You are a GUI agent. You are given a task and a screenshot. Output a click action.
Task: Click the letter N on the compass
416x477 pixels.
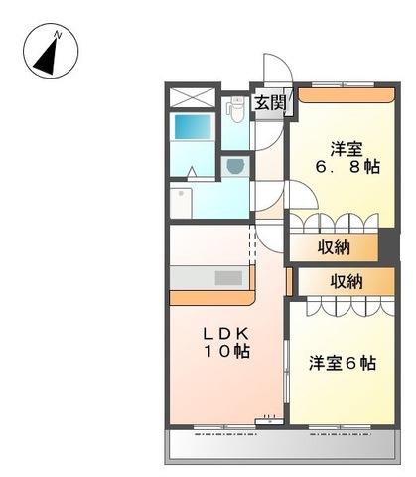[58, 35]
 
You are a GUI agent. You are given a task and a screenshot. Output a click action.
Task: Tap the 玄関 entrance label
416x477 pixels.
[270, 103]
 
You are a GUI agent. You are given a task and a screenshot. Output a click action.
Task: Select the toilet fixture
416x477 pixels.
[235, 110]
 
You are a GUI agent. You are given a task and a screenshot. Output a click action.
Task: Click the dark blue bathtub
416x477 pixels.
[193, 127]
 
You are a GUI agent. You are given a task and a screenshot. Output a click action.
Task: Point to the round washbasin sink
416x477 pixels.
[235, 166]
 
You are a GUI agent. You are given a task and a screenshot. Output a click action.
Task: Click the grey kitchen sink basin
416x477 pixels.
[228, 278]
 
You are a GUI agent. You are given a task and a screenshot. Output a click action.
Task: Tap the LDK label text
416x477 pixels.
[225, 334]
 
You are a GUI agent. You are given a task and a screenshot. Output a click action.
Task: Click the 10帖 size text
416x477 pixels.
[226, 352]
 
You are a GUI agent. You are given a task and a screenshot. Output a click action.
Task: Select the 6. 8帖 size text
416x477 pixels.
[347, 167]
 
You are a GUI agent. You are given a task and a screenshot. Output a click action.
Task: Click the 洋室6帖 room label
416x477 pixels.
[343, 363]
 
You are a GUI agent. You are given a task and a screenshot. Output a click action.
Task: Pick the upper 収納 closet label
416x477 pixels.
[334, 247]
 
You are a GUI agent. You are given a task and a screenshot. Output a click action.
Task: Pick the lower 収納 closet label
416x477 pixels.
[347, 282]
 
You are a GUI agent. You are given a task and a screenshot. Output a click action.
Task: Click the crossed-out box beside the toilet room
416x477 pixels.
[193, 96]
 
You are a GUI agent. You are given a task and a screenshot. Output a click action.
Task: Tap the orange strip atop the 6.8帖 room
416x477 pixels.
[347, 95]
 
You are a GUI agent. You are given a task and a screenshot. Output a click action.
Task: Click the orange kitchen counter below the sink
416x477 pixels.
[211, 297]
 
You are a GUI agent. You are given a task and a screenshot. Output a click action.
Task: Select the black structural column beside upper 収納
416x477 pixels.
[389, 245]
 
